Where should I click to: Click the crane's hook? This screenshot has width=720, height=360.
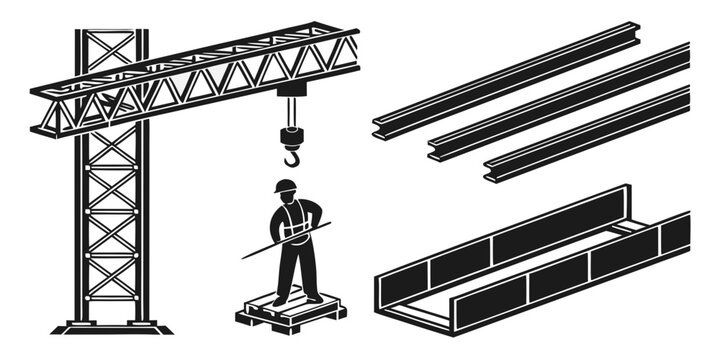(291, 157)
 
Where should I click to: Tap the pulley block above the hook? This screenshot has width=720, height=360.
(291, 135)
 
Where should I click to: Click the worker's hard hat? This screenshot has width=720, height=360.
(286, 186)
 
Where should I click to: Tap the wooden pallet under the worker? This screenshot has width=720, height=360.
(291, 315)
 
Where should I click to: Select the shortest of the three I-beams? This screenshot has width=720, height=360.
(585, 135)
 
